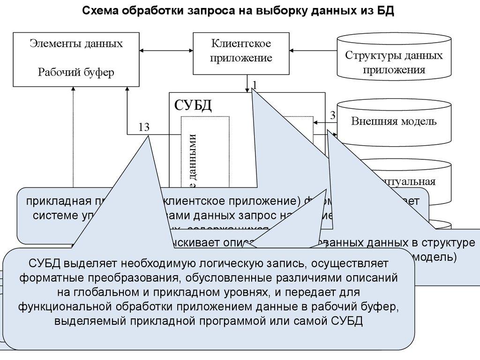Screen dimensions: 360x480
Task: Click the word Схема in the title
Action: [100, 11]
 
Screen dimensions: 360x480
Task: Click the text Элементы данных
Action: [76, 44]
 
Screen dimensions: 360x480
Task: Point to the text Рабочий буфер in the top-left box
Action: [76, 72]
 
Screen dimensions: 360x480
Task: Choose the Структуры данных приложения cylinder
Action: [394, 62]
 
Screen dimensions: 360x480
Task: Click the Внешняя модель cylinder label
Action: [394, 121]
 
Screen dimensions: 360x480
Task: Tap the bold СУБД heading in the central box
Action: [193, 105]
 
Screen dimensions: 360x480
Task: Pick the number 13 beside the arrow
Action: [144, 127]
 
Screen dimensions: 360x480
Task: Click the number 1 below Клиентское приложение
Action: [255, 84]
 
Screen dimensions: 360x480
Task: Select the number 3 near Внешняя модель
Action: [333, 115]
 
